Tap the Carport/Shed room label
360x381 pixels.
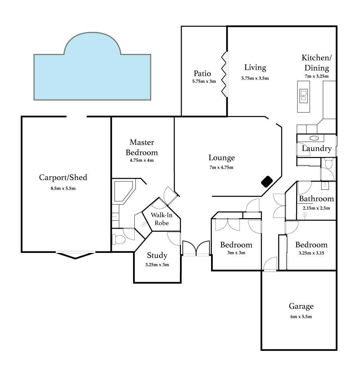(63, 177)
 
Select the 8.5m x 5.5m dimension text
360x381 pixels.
(63, 188)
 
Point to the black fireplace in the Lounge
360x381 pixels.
(267, 181)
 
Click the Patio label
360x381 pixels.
(202, 73)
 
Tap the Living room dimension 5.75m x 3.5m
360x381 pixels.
(255, 78)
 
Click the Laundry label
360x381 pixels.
(316, 149)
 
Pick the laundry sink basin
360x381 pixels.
(314, 138)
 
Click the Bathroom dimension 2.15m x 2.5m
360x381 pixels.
(316, 208)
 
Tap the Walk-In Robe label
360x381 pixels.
(159, 219)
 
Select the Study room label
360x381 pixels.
(157, 256)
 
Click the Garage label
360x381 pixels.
(301, 306)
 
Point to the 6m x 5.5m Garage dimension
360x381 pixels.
(301, 316)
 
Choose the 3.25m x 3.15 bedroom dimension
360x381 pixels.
(311, 253)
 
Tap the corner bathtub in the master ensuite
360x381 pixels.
(123, 191)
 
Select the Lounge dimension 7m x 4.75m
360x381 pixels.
(222, 167)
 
